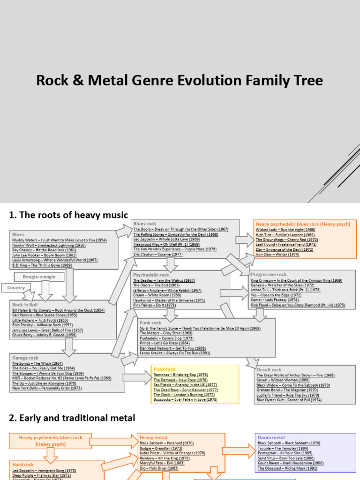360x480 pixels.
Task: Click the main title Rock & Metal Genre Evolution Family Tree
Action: click(180, 81)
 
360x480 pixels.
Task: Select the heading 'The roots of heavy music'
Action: click(68, 215)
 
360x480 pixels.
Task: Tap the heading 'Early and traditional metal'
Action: click(72, 418)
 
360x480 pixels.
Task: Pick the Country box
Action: click(16, 288)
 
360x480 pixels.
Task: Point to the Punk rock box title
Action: click(164, 369)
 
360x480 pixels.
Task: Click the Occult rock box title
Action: click(269, 369)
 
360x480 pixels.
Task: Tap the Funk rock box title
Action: click(150, 323)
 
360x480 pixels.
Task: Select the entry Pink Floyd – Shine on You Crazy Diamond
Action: click(298, 305)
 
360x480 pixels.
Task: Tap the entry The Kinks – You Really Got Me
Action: click(44, 368)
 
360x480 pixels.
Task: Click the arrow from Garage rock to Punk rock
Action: click(138, 375)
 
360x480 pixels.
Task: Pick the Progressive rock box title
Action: click(269, 274)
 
